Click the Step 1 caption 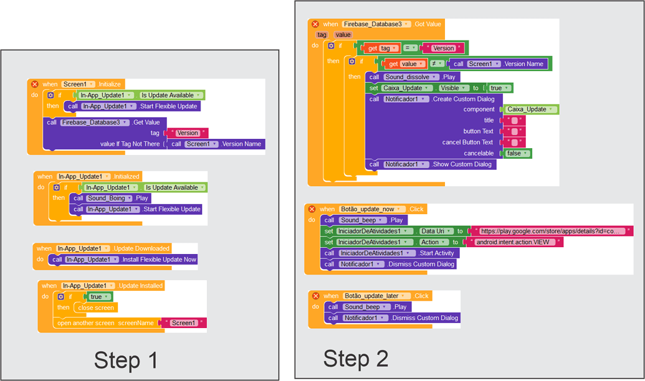click(x=126, y=360)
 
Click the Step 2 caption click(x=356, y=359)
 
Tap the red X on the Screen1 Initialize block click(x=35, y=84)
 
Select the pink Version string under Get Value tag click(x=188, y=133)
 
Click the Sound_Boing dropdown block click(x=109, y=198)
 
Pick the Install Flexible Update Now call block click(x=123, y=260)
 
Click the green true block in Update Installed click(x=98, y=297)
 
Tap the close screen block click(x=96, y=308)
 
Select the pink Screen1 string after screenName click(x=184, y=323)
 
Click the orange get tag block click(x=381, y=48)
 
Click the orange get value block click(x=404, y=63)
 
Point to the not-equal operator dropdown click(x=437, y=63)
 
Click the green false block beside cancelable click(x=517, y=153)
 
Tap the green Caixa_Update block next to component click(x=530, y=110)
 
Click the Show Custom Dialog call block click(x=431, y=164)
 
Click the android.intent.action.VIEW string click(x=514, y=242)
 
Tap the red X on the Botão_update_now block click(x=312, y=209)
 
